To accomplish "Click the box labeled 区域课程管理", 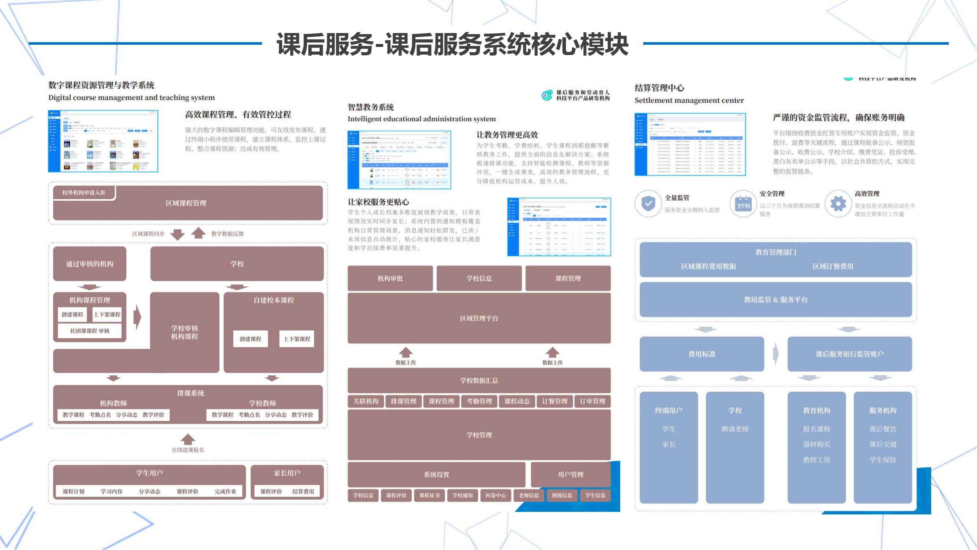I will [186, 203].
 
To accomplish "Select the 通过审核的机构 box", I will [89, 264].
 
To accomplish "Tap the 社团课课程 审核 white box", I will [89, 331].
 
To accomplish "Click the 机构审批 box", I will [390, 278].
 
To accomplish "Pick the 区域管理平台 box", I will [479, 318].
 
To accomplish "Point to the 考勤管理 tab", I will [479, 401].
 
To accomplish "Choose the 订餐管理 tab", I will [555, 401].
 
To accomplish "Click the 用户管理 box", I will [570, 474].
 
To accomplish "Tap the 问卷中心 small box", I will [495, 495].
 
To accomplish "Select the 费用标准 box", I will [702, 354].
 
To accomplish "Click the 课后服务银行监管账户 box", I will [850, 354].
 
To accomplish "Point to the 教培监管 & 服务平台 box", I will [776, 300].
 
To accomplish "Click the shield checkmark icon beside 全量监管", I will [648, 204].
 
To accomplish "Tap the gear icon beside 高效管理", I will [838, 204].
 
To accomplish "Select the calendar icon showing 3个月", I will [743, 204].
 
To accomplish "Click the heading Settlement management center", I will [689, 100].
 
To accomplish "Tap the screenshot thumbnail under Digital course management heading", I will [103, 141].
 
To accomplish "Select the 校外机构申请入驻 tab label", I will [84, 192].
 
